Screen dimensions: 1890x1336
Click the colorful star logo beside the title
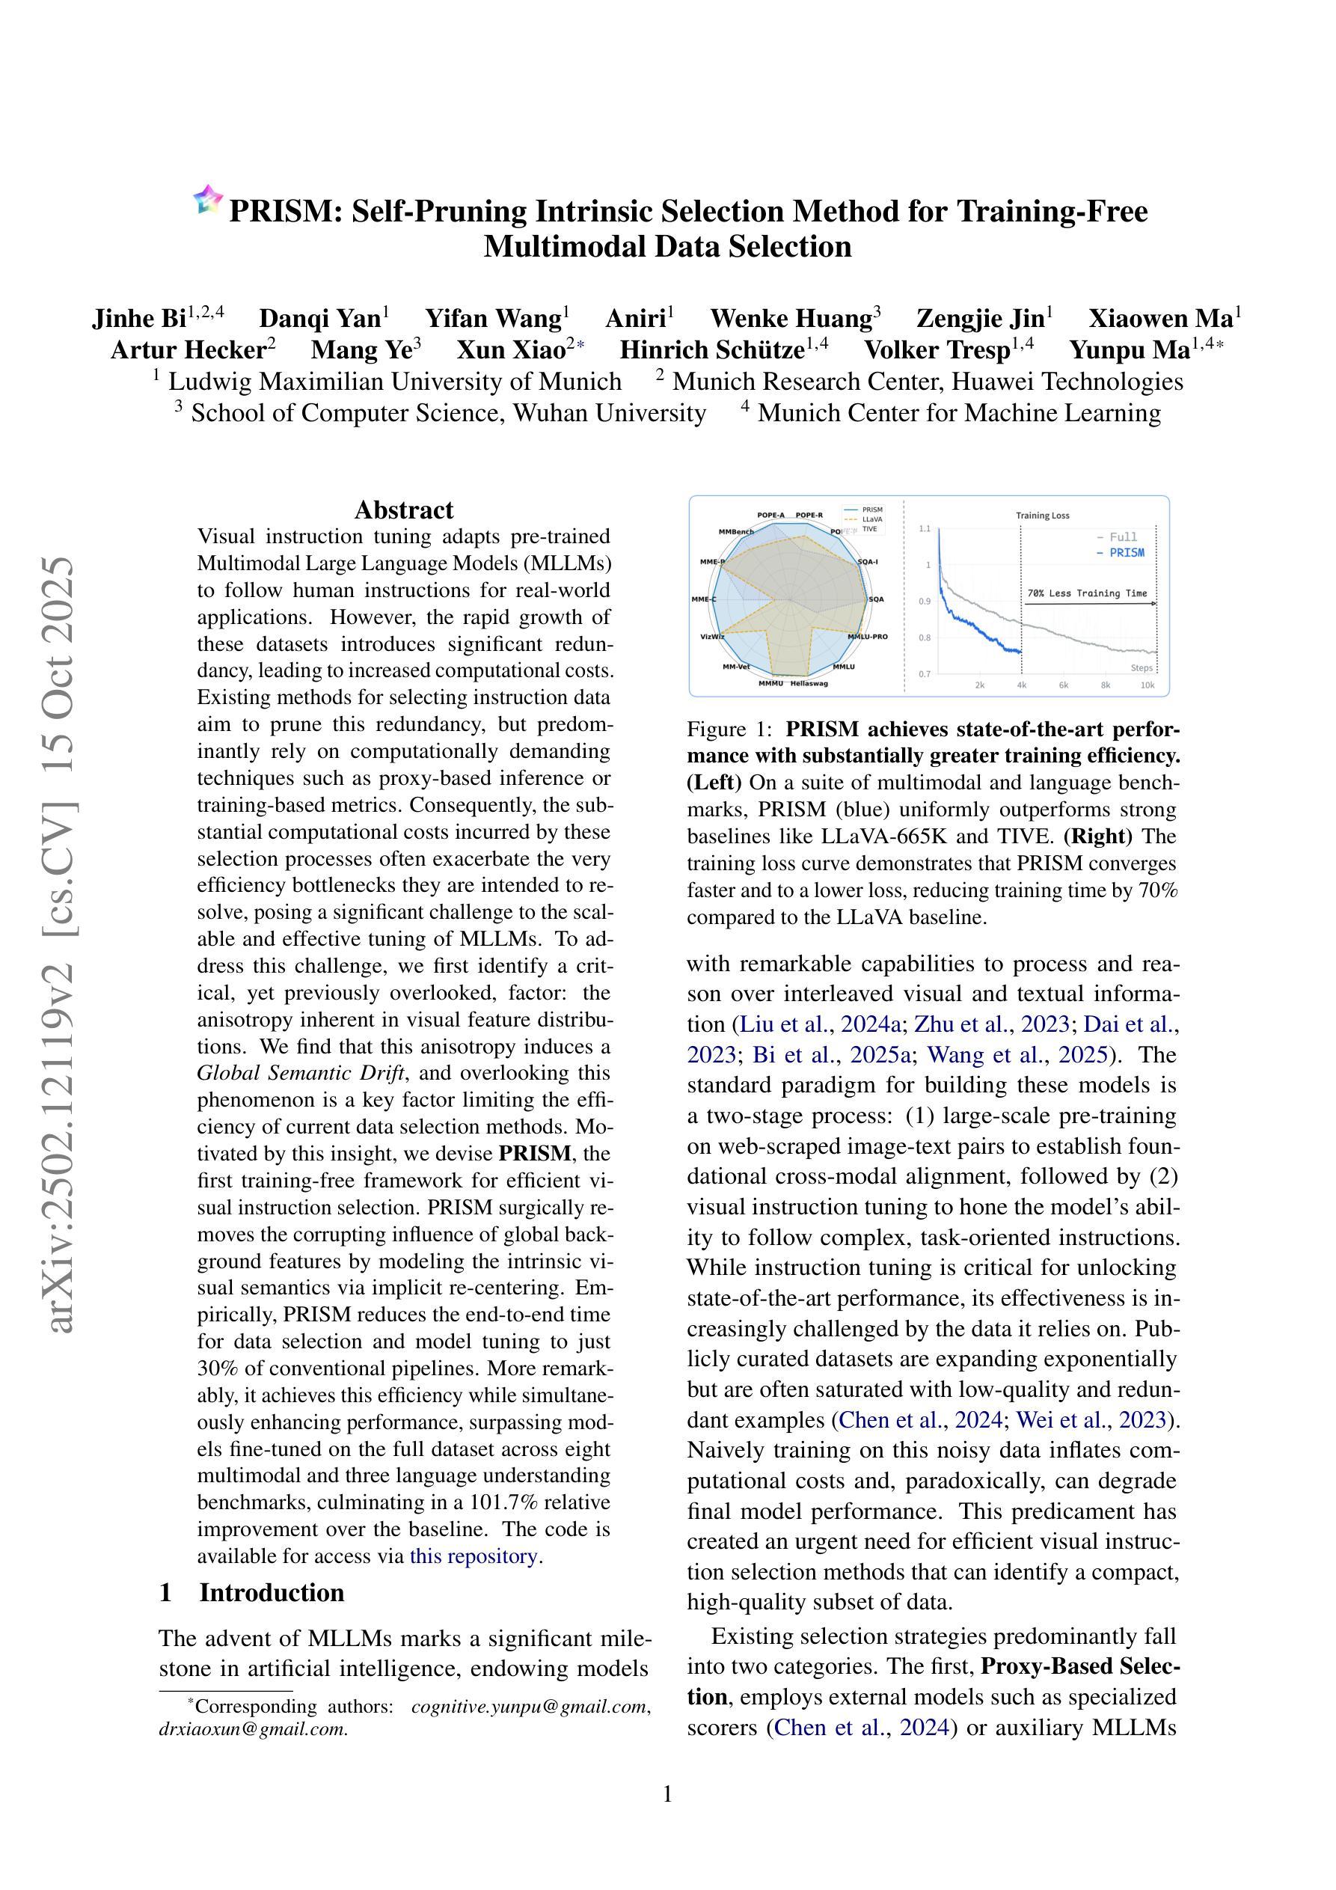click(x=208, y=199)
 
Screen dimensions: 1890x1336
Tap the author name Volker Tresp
click(x=936, y=351)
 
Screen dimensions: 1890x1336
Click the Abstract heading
click(x=403, y=510)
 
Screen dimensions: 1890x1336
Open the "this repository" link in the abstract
click(x=474, y=1556)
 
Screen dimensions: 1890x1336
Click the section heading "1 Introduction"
click(x=252, y=1592)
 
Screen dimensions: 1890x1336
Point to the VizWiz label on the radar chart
click(x=712, y=636)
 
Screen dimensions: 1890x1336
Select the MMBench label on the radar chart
click(x=736, y=532)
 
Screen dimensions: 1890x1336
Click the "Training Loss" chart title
click(x=1042, y=516)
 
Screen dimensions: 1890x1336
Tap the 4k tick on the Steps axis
click(x=1022, y=685)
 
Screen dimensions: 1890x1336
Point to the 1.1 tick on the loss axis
click(x=925, y=528)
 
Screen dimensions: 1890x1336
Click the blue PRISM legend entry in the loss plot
click(x=1121, y=553)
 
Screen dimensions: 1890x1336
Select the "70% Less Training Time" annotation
click(x=1087, y=593)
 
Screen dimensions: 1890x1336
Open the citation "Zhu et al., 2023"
click(x=991, y=1025)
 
